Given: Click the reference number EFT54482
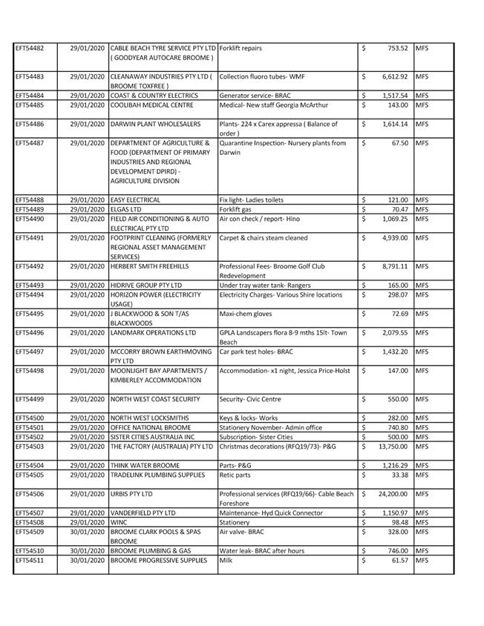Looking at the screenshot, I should tap(30, 48).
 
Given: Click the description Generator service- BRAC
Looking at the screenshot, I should tap(255, 96).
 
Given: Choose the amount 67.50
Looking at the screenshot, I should tap(399, 143).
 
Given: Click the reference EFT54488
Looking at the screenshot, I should tap(30, 200).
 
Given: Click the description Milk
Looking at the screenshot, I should tap(226, 560).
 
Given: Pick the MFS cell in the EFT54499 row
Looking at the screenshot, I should tap(422, 399).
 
